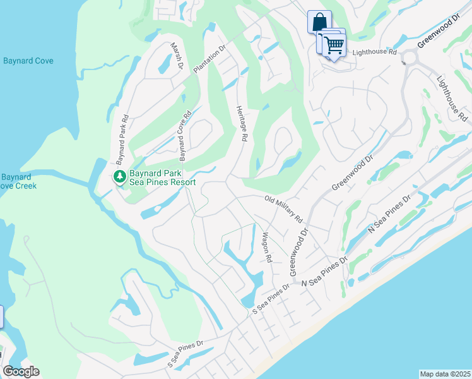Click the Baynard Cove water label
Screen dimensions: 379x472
(28, 61)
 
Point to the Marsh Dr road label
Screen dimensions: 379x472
(177, 56)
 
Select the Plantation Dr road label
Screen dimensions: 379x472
(209, 58)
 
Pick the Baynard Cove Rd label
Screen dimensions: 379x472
(185, 135)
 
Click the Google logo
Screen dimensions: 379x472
(21, 371)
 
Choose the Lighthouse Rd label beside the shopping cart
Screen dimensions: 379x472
(374, 53)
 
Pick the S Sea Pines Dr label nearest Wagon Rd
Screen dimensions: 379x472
(270, 300)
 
